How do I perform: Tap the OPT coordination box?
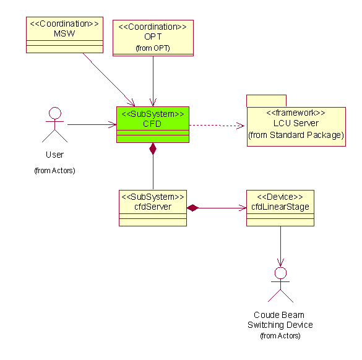pos(153,38)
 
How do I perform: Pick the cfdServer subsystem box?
pos(153,208)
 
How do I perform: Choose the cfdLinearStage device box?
pos(280,208)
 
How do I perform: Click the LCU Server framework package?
pos(296,127)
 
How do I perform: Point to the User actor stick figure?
pos(55,124)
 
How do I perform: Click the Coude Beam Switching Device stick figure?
pos(280,284)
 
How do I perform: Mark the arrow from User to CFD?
pos(92,124)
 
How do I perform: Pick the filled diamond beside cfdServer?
pos(192,208)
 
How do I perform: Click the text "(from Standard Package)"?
pos(296,134)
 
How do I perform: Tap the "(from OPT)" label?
pos(153,48)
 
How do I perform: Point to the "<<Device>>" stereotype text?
pos(280,197)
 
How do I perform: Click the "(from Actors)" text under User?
pos(54,170)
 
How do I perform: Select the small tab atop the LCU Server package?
pos(266,101)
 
